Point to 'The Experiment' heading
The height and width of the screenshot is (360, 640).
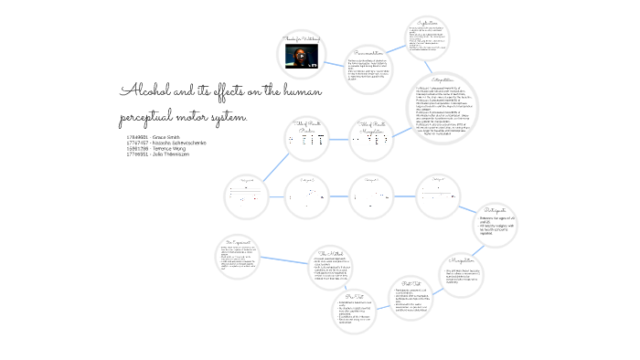click(238, 242)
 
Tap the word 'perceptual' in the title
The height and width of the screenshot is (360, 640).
click(152, 120)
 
